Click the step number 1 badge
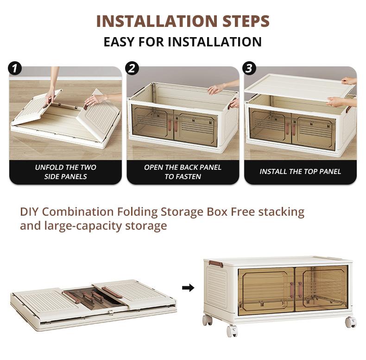coord(15,69)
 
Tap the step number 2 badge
coord(132,69)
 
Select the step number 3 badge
coord(249,69)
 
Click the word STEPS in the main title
coord(246,21)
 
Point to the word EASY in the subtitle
coord(119,42)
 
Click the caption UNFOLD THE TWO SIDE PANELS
coord(66,172)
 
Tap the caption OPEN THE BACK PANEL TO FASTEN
coord(183,172)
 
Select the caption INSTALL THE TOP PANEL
coord(300,172)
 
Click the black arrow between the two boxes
coord(188,288)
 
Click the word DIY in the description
coord(30,212)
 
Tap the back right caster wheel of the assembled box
coord(351,322)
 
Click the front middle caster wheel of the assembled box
coord(232,331)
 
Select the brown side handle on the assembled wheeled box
coord(216,264)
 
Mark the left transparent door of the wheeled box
coord(266,289)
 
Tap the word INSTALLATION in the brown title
coord(158,21)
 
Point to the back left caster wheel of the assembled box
coord(207,320)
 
